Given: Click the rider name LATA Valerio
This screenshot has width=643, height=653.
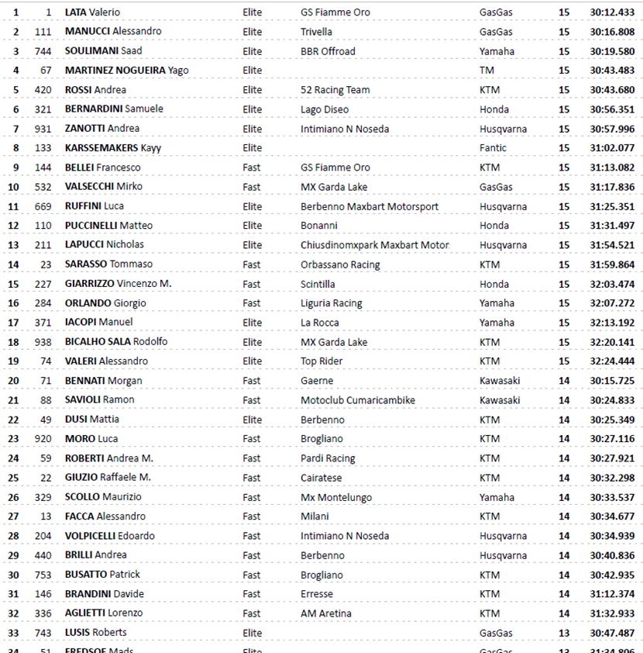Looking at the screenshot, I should pos(92,12).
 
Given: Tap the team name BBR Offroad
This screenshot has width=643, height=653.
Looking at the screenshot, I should pos(328,51).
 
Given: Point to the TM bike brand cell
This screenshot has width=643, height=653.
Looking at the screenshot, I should pos(487,71).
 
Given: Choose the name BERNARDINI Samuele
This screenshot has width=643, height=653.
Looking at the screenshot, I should pos(114,109).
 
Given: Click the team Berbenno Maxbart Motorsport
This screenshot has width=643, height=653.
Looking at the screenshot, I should pos(370,206).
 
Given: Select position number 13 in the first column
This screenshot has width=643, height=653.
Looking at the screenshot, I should pos(15,245).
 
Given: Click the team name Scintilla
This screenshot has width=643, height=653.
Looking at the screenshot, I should pos(318,284).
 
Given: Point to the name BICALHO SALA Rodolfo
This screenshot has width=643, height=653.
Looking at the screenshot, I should pos(116,342).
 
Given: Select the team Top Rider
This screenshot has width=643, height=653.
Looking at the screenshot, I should pos(321,361).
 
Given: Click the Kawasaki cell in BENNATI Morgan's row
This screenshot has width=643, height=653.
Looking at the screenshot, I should pos(500,381).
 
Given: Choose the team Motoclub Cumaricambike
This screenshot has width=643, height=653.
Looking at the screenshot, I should pos(358,400).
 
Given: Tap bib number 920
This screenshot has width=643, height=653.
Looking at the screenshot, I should pos(43,439).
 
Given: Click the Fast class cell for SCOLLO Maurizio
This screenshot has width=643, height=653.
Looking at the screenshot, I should pos(252,497).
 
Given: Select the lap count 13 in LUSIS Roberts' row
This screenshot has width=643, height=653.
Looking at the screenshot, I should pos(564,633).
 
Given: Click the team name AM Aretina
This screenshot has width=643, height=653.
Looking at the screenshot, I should pos(326,613).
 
